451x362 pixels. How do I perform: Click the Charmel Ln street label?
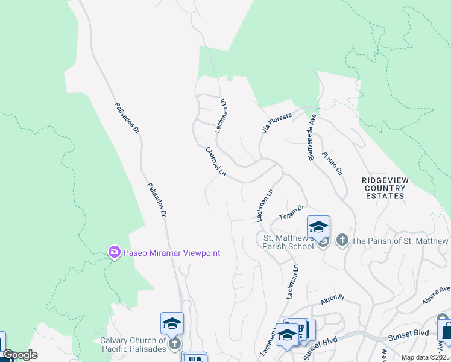click(x=215, y=162)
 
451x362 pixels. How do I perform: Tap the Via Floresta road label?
click(x=276, y=121)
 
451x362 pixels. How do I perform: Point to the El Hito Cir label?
click(x=332, y=163)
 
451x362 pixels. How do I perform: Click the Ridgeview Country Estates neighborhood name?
click(x=383, y=188)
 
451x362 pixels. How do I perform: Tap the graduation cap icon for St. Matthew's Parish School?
click(x=318, y=227)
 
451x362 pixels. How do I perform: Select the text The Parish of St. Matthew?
click(x=400, y=241)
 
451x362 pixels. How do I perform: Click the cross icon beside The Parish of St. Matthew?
click(x=342, y=241)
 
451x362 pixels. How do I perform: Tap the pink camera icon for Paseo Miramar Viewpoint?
click(x=114, y=253)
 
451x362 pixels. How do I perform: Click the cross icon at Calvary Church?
click(x=175, y=343)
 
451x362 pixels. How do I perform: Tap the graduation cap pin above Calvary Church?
click(x=172, y=324)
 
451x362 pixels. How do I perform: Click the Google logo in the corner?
click(x=20, y=355)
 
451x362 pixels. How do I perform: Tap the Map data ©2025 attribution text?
click(x=425, y=357)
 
